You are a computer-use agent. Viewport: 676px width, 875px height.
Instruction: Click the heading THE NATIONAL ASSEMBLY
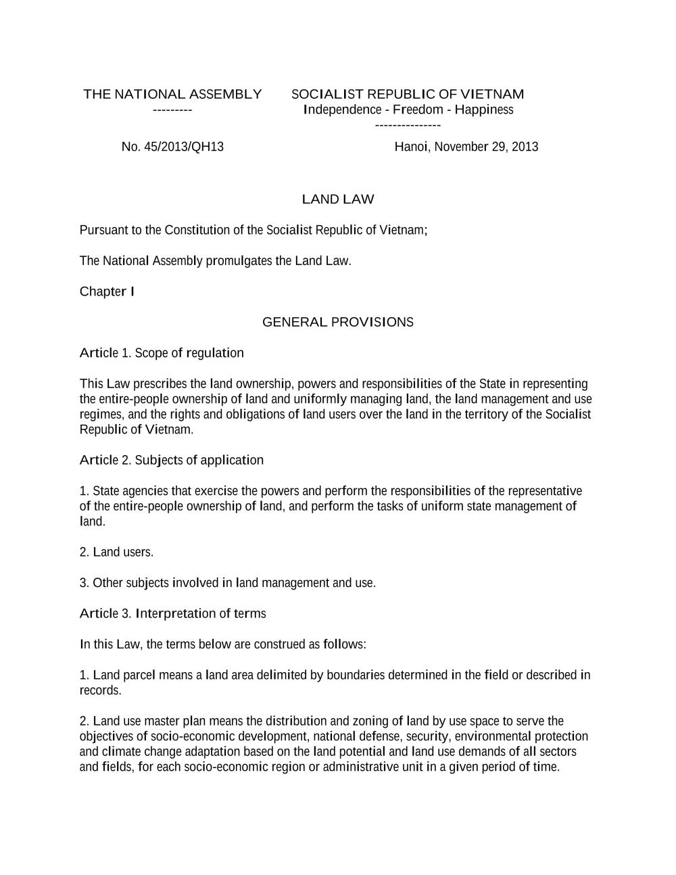tap(172, 94)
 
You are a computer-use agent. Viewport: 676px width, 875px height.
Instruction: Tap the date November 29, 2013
tap(486, 147)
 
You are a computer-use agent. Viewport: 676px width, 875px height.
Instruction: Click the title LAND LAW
tap(337, 199)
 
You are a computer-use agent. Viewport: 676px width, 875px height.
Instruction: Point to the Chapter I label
tap(107, 291)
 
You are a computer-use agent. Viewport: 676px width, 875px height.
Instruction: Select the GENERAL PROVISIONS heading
tap(337, 322)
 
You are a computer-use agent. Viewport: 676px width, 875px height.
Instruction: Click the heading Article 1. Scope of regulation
tap(162, 353)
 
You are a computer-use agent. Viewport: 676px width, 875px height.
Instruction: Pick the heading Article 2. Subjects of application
tap(172, 460)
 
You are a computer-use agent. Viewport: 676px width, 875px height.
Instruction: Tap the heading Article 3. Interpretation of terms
tap(172, 613)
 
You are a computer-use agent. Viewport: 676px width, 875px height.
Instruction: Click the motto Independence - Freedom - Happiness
tap(408, 110)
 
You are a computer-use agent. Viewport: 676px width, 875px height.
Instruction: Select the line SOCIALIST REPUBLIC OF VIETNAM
tap(408, 94)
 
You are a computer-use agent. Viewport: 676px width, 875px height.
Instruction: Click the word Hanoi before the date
tap(411, 147)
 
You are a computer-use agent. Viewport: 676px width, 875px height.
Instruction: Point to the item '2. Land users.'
tap(117, 552)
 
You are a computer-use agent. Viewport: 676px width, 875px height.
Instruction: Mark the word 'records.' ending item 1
tap(101, 690)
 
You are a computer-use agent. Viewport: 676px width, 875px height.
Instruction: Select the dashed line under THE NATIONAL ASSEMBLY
tap(172, 110)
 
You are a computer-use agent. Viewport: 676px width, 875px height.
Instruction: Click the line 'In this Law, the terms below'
tap(223, 644)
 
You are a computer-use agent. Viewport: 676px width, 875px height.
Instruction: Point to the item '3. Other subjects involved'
tap(227, 583)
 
